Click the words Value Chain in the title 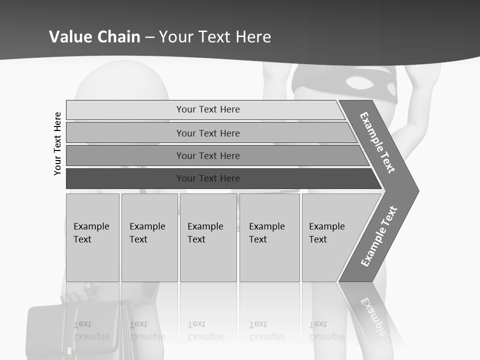(94, 37)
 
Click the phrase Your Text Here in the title (215, 37)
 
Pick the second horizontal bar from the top (207, 133)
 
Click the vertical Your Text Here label (57, 143)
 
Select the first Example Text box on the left (92, 237)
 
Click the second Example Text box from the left (149, 237)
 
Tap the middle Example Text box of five (208, 237)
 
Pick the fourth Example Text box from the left (269, 237)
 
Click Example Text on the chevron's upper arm (377, 142)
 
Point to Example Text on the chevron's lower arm (378, 236)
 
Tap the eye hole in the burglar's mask (356, 82)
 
